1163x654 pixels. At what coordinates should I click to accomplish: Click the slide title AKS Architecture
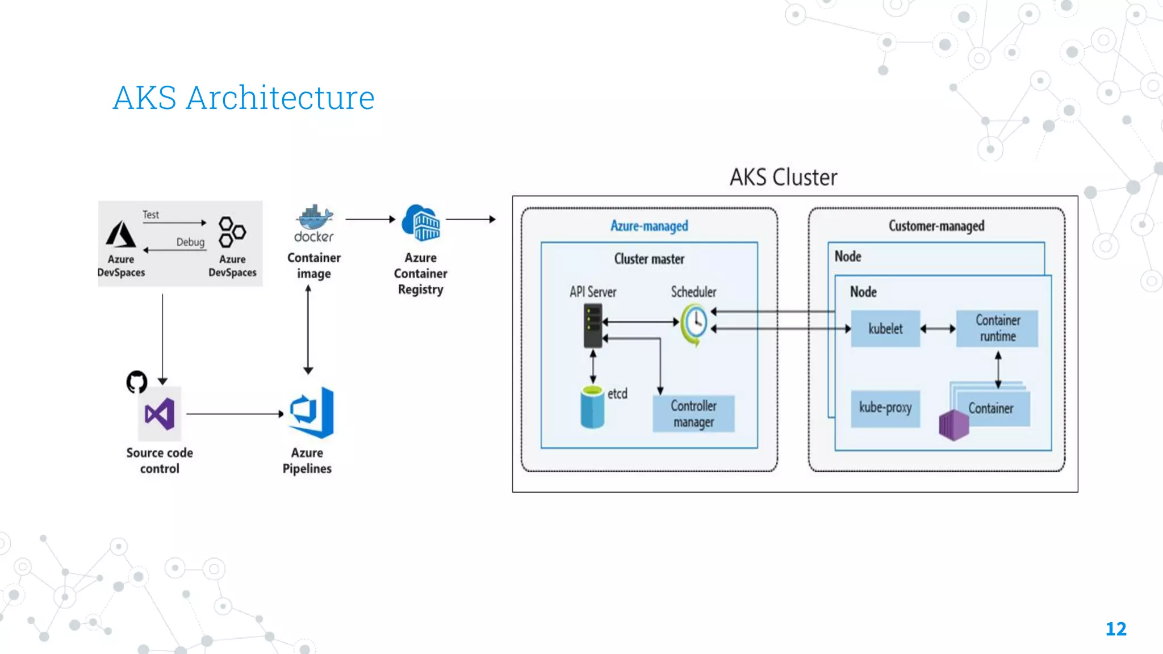point(244,98)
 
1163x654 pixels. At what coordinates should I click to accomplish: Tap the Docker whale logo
point(314,217)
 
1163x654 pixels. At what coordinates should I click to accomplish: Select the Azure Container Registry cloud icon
point(421,223)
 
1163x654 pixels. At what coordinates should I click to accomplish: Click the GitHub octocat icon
point(137,381)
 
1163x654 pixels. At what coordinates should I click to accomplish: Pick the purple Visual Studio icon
point(160,414)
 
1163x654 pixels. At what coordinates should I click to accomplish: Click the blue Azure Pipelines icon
point(312,413)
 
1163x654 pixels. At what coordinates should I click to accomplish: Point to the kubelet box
point(885,328)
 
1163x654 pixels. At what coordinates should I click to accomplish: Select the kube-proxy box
point(885,408)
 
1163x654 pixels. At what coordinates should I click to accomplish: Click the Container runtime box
point(997,328)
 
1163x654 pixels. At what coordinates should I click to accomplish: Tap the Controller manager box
point(693,414)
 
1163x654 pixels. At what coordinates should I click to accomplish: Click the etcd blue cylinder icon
point(592,407)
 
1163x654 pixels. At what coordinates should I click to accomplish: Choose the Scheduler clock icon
point(695,324)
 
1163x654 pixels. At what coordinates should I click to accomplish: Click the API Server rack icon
point(593,325)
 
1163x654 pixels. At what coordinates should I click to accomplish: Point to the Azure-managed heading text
point(649,226)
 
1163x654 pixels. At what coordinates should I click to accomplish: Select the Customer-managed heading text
point(936,226)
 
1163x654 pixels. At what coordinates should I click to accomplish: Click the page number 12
point(1116,629)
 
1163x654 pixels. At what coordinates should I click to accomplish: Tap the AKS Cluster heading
point(783,177)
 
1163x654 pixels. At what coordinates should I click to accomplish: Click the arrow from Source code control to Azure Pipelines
point(235,414)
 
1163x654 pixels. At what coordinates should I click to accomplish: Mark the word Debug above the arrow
point(190,242)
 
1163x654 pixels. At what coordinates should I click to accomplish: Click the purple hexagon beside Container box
point(953,425)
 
